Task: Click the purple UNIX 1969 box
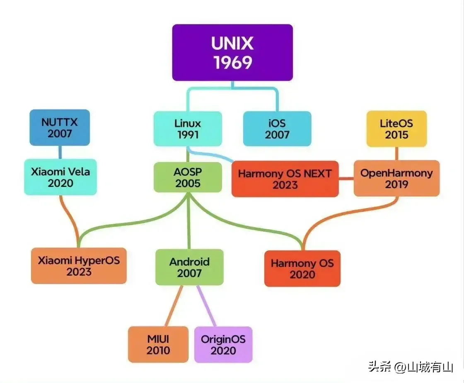tap(232, 52)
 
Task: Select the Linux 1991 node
tap(188, 129)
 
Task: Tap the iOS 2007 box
tap(277, 129)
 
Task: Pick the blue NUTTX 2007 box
tap(60, 128)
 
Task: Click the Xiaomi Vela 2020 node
tap(60, 177)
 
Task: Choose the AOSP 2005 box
tap(188, 177)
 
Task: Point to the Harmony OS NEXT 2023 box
tap(285, 179)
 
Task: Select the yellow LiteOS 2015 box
tap(396, 129)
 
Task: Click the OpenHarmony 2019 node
tap(396, 178)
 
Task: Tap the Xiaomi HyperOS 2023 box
tap(79, 266)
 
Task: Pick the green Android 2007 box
tap(189, 267)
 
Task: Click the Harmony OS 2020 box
tap(302, 269)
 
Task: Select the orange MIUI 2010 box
tap(158, 344)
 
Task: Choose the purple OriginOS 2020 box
tap(223, 344)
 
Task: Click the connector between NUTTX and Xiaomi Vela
tap(60, 152)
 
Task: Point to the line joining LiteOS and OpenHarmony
tap(396, 153)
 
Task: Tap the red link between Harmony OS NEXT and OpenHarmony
tap(346, 179)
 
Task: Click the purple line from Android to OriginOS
tap(206, 306)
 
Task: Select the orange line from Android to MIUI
tap(174, 306)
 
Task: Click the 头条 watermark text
tap(379, 367)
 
